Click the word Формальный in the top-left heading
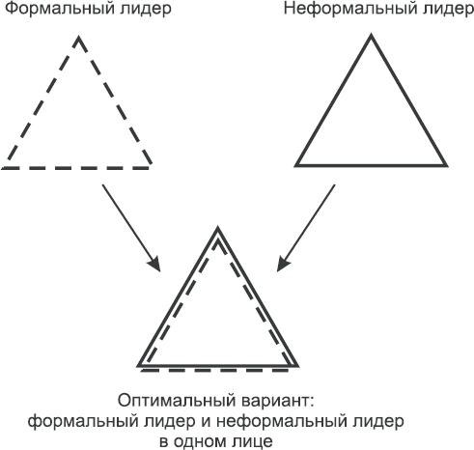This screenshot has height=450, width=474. pos(60,9)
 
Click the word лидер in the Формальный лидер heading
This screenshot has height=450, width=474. pos(146,10)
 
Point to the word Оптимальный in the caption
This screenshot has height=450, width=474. pos(177,401)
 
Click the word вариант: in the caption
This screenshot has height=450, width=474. pos(277,402)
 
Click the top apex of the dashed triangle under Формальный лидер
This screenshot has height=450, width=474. pos(78,38)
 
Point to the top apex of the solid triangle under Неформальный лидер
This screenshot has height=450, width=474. pos(371,35)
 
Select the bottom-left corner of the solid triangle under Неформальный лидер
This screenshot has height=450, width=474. pos(296,165)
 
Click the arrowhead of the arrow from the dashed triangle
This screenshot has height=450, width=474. pos(155,265)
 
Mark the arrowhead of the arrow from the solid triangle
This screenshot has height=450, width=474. pos(282,265)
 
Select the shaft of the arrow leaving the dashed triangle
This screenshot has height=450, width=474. pos(131,228)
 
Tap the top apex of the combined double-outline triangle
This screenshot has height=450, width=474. pos(218,228)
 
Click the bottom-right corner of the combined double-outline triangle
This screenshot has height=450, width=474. pos(297,366)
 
